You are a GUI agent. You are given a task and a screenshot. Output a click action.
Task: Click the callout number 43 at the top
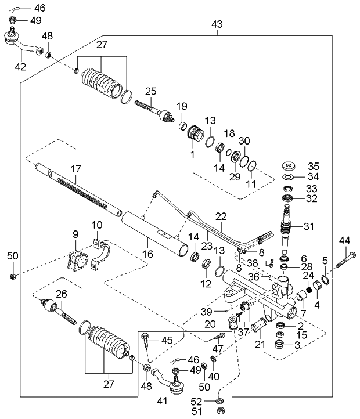[217, 25]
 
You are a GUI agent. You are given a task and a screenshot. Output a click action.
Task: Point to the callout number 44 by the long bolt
[345, 240]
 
